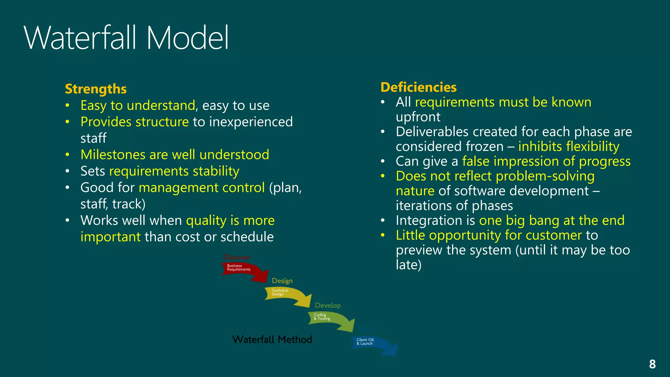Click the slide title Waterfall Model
point(126,38)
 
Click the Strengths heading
point(96,89)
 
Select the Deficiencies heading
point(418,87)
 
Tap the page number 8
point(652,364)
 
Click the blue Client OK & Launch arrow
point(373,344)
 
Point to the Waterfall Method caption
point(272,339)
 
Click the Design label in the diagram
point(282,281)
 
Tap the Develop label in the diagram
point(327,305)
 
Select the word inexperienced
point(251,122)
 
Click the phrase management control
point(202,188)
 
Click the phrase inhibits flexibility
point(569,147)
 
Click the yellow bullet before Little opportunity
point(382,235)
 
